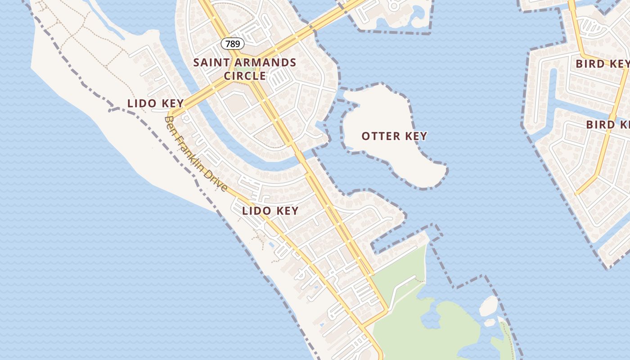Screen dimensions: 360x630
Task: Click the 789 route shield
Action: pos(233,44)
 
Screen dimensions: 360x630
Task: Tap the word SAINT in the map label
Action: pos(208,63)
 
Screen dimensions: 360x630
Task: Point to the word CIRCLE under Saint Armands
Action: pos(245,76)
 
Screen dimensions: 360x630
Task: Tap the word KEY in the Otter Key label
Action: pos(415,136)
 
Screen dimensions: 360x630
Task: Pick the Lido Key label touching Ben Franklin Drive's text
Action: pos(156,103)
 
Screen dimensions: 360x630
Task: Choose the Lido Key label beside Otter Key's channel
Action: pos(270,211)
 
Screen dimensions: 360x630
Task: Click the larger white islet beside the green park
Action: pos(489,306)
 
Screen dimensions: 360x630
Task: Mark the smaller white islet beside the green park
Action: pos(490,323)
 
